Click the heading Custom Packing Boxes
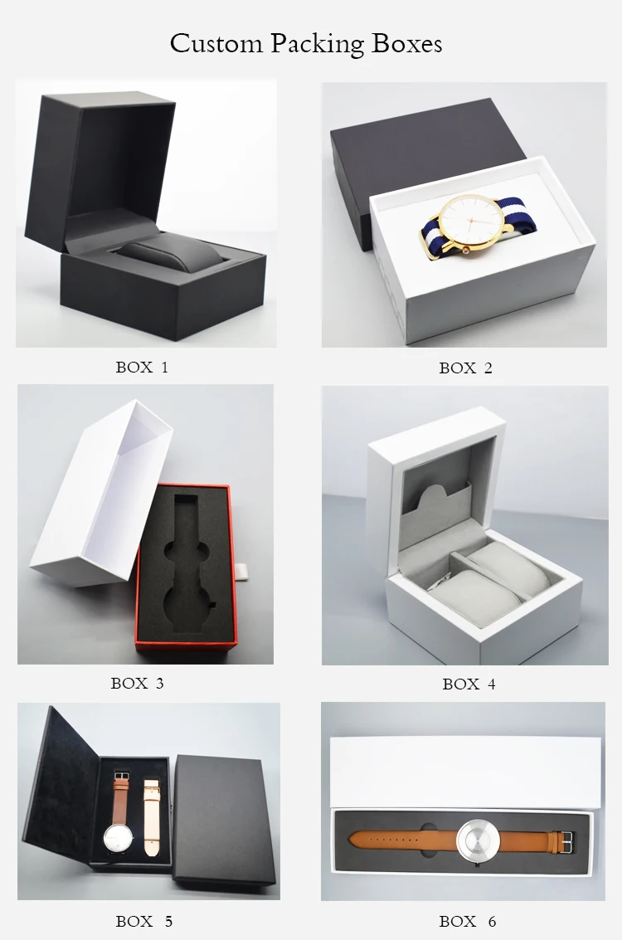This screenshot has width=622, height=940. coord(306,43)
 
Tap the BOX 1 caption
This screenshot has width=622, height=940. coord(142,367)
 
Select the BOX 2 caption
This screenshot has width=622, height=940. coord(465,368)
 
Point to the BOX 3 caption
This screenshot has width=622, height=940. coord(137,684)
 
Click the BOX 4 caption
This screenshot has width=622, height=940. coord(469,684)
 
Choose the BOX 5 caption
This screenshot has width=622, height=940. coord(144,921)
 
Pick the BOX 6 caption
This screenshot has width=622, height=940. coord(467,921)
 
